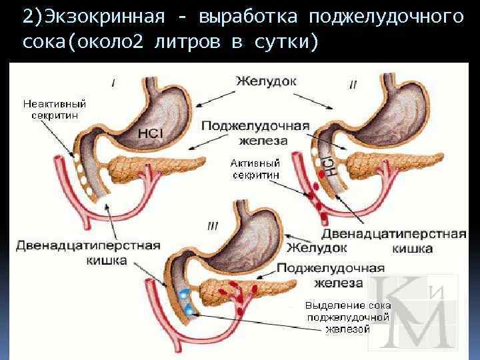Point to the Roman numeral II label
[x=353, y=85]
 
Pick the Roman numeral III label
[x=213, y=226]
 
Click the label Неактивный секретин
[x=55, y=109]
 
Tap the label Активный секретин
[x=255, y=167]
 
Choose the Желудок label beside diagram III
[x=317, y=247]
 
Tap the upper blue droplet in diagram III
[x=183, y=293]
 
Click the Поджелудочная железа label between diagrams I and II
[x=255, y=133]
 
